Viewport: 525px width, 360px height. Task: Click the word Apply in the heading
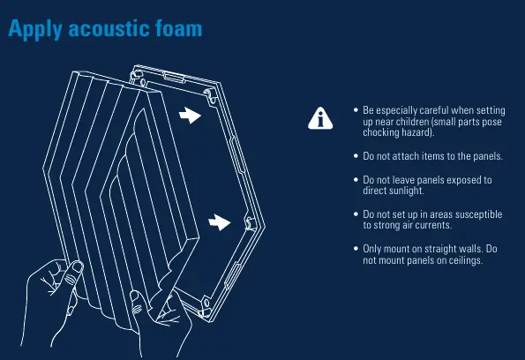point(34,29)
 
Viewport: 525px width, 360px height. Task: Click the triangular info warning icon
point(320,118)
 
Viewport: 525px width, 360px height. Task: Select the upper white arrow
point(190,116)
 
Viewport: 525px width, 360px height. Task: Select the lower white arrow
point(220,222)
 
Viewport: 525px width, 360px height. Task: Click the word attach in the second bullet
point(406,156)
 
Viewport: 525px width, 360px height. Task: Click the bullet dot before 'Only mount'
point(356,249)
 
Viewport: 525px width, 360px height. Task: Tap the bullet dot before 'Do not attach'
point(356,156)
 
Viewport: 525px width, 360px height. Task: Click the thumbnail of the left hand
point(78,266)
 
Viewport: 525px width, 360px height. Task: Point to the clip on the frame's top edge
point(174,77)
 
